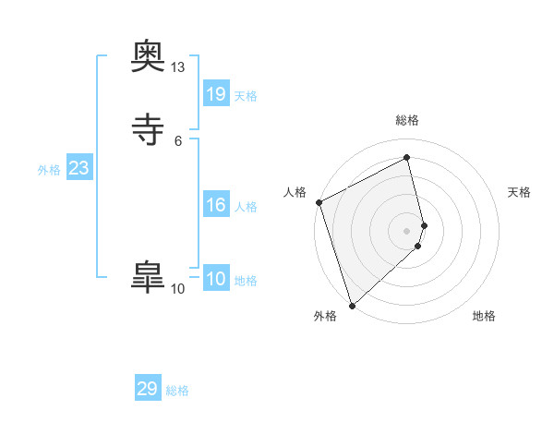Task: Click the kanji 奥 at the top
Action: point(148,59)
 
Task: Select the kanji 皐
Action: point(148,276)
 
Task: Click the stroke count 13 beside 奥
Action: point(177,67)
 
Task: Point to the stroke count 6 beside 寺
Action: point(177,140)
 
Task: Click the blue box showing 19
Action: point(216,94)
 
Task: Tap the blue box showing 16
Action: point(216,205)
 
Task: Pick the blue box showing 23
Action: point(79,168)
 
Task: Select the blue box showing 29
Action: point(148,389)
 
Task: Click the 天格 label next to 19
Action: point(246,96)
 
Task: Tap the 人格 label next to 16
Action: point(246,207)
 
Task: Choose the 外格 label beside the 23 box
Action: point(49,170)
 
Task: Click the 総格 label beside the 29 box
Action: point(177,391)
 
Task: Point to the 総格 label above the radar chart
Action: point(407,120)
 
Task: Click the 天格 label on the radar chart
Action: point(520,192)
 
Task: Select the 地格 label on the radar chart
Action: point(484,316)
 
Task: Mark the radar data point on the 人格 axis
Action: point(319,202)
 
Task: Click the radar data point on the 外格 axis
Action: point(352,305)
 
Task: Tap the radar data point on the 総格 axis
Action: point(407,158)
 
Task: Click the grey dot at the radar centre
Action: point(407,230)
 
